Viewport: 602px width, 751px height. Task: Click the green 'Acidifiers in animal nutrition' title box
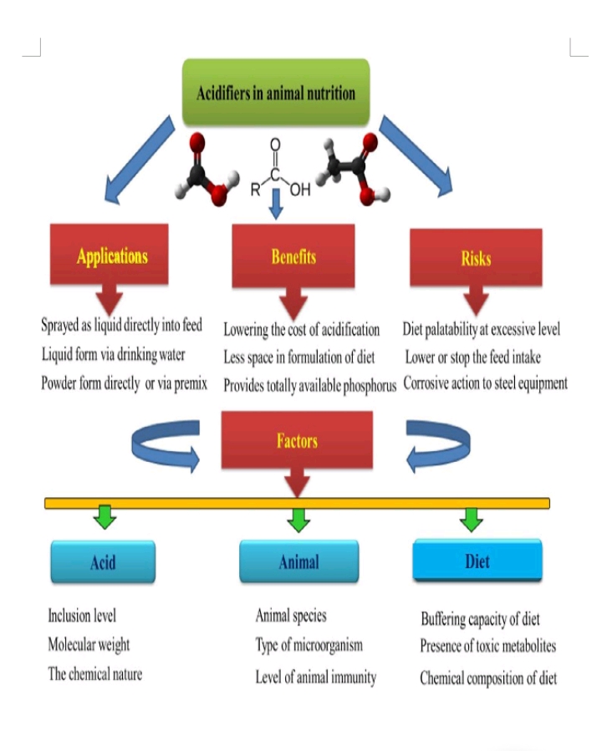(x=275, y=92)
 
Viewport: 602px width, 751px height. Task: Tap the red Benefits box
(x=293, y=256)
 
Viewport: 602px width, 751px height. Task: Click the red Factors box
(x=297, y=440)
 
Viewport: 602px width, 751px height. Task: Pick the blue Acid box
(x=103, y=562)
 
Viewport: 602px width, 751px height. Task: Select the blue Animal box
(x=298, y=561)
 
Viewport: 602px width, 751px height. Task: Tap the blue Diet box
(x=477, y=560)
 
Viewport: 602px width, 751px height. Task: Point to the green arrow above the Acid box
(x=104, y=517)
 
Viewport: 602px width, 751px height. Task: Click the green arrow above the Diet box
(x=472, y=519)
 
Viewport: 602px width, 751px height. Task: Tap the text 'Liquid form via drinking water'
(x=114, y=355)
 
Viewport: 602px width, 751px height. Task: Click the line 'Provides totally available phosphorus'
(x=309, y=386)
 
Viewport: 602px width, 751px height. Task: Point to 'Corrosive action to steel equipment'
(x=485, y=383)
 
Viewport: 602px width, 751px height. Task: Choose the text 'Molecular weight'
(x=89, y=645)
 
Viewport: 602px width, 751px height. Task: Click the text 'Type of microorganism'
(x=309, y=646)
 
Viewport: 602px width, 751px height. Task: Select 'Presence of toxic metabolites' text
(x=487, y=647)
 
